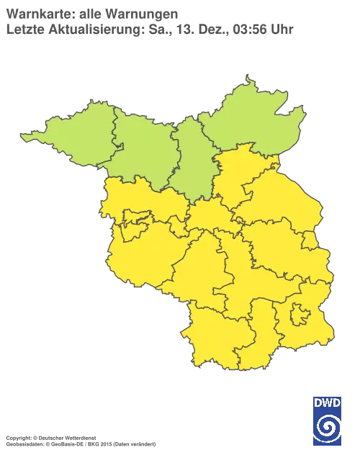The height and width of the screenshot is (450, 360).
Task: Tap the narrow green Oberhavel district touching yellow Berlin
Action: coord(192,162)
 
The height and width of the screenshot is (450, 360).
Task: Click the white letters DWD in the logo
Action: coord(328,401)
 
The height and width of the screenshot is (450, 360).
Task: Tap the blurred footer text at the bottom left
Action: coord(79,437)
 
